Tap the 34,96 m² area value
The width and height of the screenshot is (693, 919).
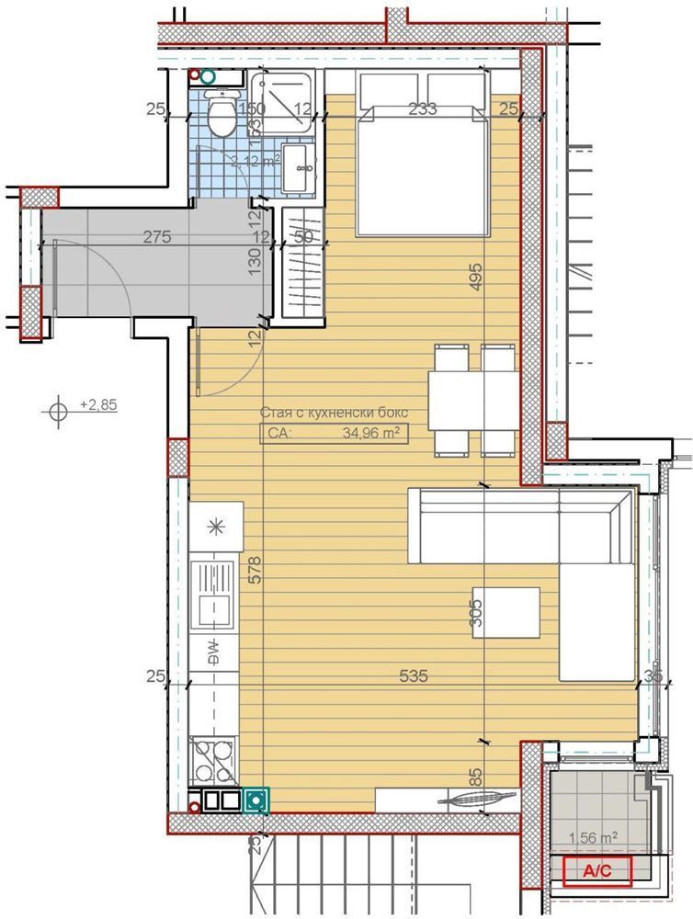coord(369,435)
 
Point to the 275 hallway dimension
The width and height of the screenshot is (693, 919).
coord(158,237)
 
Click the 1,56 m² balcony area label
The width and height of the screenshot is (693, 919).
coord(594,837)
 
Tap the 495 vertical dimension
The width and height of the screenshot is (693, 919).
coord(475,277)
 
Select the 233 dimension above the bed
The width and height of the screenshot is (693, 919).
coord(422,109)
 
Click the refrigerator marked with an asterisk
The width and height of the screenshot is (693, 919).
coord(216,526)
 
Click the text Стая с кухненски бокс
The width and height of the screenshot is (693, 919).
coord(333,413)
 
